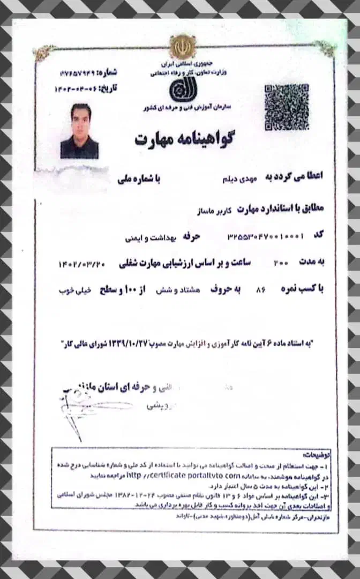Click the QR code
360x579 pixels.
tap(286, 107)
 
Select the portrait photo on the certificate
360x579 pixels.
tap(80, 131)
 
